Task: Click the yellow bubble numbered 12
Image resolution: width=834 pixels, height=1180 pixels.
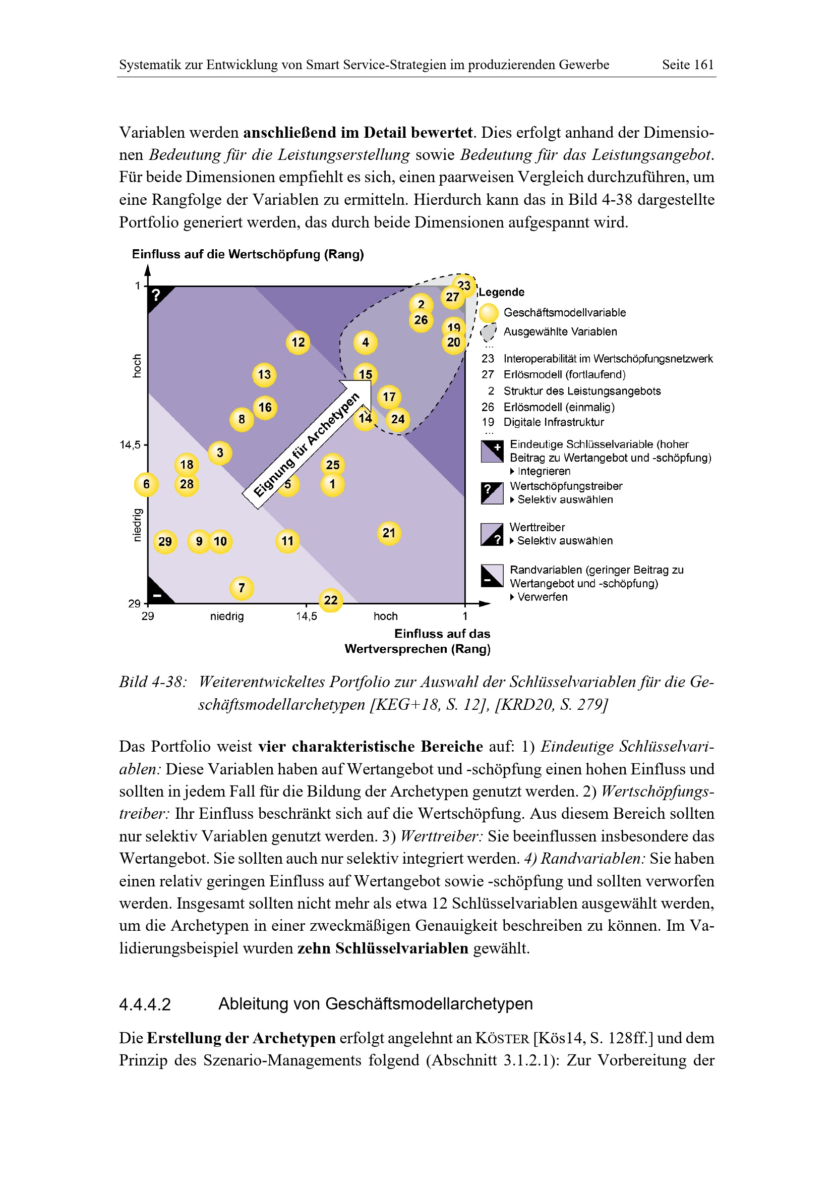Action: pos(298,342)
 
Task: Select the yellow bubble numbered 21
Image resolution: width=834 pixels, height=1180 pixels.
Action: pos(389,533)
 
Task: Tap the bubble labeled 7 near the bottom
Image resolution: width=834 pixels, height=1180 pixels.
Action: pos(242,588)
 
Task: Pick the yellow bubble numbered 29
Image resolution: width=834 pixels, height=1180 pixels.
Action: pos(165,542)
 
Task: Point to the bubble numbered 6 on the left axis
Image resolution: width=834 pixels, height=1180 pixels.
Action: pos(146,484)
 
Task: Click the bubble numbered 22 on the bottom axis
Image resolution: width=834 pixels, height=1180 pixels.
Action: pos(331,600)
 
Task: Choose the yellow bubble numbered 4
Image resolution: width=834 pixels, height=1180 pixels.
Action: pos(365,342)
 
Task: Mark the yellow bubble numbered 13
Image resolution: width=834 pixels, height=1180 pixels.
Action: pos(264,375)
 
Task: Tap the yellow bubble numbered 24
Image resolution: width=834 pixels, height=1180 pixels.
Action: pos(397,419)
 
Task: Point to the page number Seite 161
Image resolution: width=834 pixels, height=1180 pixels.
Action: pos(688,65)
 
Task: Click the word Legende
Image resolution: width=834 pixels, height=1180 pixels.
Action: pos(501,293)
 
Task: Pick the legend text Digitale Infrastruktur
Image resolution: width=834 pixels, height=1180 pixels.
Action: pos(554,422)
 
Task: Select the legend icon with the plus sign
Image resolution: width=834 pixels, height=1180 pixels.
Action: pos(492,451)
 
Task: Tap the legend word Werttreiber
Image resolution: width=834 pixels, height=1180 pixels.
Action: pos(537,527)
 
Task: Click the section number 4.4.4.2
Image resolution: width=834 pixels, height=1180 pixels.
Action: pos(145,1004)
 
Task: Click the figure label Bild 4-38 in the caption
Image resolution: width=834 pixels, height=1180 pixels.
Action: pos(152,682)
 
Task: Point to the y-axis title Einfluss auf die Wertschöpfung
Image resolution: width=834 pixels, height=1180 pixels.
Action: pos(248,254)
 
